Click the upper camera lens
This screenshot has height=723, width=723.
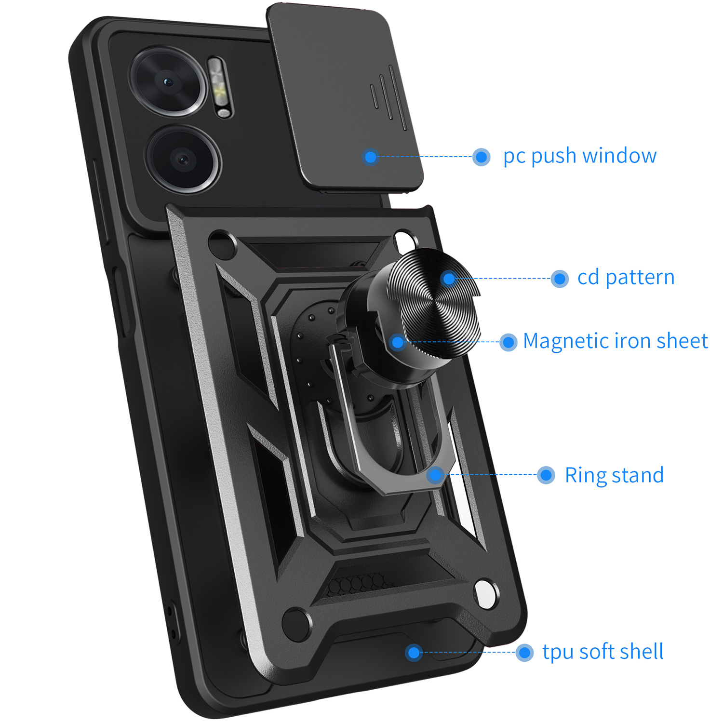168,81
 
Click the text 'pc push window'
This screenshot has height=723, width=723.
579,156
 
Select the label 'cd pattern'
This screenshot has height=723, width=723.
626,278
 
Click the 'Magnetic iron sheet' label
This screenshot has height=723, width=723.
615,341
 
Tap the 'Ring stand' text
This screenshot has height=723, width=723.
614,475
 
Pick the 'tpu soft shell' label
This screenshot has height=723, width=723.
602,652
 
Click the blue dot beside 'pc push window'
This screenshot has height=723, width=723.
481,157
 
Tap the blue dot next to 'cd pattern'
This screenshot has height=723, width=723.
560,279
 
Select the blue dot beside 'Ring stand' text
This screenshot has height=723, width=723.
546,475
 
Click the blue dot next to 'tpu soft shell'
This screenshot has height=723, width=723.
524,653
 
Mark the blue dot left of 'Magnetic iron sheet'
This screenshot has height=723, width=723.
508,342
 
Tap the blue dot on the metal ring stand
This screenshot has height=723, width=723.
435,475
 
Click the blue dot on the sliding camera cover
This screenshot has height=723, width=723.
371,157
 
